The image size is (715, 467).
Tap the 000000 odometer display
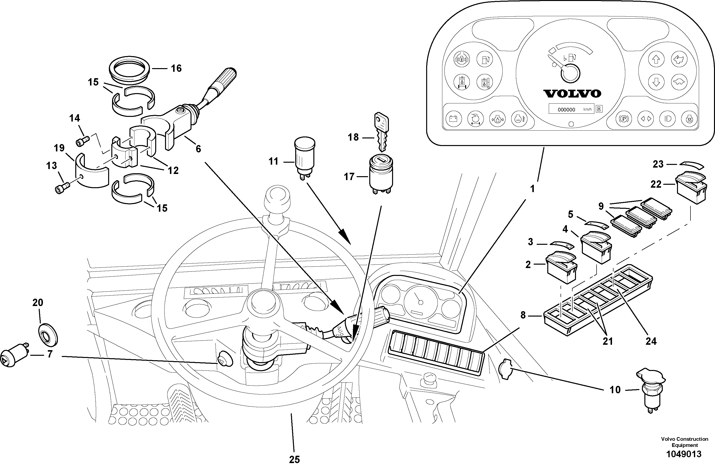tap(566, 110)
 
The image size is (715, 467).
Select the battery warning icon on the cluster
tap(453, 119)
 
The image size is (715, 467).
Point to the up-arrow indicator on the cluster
tap(656, 59)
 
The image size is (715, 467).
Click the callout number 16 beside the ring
tap(176, 68)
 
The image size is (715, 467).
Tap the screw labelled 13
tap(62, 188)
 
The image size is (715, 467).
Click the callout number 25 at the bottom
tap(294, 459)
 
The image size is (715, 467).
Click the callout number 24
tap(651, 341)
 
